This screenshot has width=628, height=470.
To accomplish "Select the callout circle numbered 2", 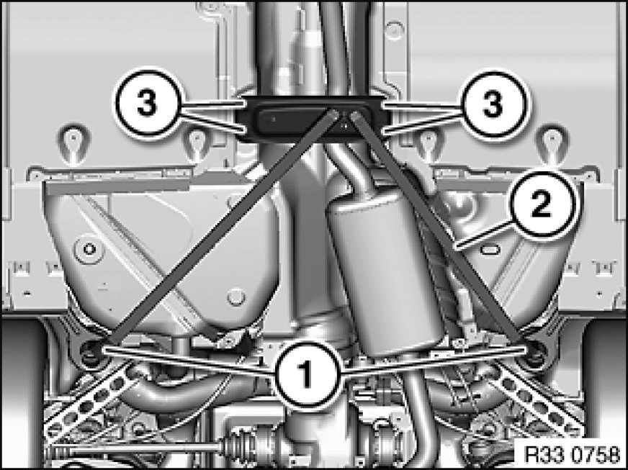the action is (542, 204).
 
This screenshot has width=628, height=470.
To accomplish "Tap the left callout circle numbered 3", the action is (148, 104).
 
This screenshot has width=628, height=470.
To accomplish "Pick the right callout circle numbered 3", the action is (493, 104).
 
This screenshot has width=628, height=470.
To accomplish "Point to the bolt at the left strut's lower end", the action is (91, 352).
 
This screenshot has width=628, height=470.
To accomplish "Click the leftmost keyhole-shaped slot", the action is (73, 145).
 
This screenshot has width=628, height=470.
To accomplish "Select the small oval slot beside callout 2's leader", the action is (490, 250).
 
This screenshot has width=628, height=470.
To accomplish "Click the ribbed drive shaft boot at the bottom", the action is (241, 443).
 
